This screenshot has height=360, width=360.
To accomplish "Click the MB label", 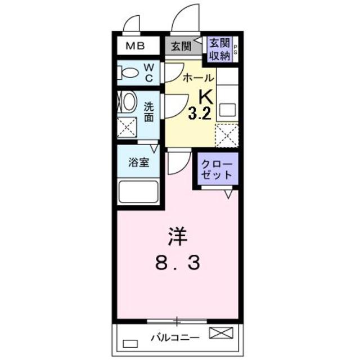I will pyautogui.click(x=134, y=46).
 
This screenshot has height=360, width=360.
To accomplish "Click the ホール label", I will pyautogui.click(x=198, y=78).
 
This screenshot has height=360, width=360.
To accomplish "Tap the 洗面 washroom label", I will pyautogui.click(x=148, y=111).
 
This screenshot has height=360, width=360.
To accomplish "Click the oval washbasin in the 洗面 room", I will pyautogui.click(x=128, y=103).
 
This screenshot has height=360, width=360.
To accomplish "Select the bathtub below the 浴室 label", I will pyautogui.click(x=138, y=192).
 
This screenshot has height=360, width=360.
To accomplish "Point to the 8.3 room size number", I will pyautogui.click(x=177, y=263).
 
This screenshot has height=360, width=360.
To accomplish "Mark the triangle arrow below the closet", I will pyautogui.click(x=228, y=194).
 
